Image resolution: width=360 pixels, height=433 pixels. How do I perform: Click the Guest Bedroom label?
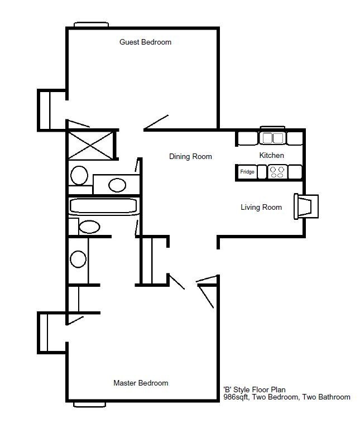click(x=145, y=42)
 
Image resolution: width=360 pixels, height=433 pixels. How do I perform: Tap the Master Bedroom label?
click(x=141, y=383)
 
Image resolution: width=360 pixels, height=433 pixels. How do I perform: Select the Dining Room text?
click(x=190, y=157)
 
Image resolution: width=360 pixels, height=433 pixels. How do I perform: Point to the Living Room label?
click(x=261, y=208)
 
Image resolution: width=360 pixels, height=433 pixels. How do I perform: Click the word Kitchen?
click(x=272, y=155)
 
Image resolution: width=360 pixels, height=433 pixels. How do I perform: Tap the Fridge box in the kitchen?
click(x=247, y=172)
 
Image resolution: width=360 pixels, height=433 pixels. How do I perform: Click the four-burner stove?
click(x=277, y=172)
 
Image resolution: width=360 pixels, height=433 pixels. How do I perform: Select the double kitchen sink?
click(x=273, y=138)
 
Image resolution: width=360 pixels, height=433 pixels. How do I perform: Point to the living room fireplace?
click(x=306, y=206)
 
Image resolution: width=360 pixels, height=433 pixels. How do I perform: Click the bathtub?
click(x=103, y=206)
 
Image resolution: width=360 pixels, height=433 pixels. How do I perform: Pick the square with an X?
click(x=90, y=145)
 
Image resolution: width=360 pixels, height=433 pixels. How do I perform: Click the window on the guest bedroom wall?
click(x=91, y=25)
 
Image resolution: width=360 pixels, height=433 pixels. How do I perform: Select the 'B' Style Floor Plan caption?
click(x=255, y=389)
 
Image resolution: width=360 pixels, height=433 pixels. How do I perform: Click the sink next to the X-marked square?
click(x=79, y=175)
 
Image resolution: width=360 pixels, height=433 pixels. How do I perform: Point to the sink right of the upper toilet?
click(x=117, y=185)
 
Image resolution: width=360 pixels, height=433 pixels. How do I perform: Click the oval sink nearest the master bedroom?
click(x=78, y=259)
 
